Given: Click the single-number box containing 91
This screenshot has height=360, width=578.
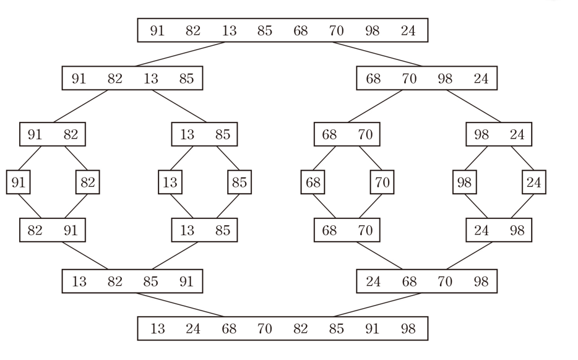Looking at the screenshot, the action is point(18,182).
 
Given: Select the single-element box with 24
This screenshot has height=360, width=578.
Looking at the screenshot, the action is point(534,182).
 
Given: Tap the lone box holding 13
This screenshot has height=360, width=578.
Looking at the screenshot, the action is point(170,182).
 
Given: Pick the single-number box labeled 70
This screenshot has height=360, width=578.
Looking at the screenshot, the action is point(382,182).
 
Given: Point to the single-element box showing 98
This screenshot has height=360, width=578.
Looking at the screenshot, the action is point(464,182).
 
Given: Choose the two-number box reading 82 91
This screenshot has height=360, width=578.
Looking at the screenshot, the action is point(53,231).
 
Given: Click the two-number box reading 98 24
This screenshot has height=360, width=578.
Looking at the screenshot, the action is point(499,134).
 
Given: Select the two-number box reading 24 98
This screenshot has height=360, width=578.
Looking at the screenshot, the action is point(499,231).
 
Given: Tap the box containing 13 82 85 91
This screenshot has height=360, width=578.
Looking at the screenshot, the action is point(132,282).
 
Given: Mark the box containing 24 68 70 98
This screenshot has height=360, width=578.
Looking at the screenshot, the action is point(427,282).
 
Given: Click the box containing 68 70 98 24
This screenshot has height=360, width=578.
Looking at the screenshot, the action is point(427,79).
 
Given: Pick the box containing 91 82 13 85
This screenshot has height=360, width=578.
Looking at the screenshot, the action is point(132,79).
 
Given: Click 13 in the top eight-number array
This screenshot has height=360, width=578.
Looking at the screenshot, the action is point(229,30).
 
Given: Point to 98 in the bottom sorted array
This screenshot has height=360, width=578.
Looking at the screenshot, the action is point(408,328).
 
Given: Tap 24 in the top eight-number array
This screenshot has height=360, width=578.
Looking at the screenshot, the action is point(408,30).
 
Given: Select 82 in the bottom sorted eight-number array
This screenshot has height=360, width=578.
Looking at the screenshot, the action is point(300,328).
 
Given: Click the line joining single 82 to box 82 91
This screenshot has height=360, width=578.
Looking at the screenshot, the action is point(75,206).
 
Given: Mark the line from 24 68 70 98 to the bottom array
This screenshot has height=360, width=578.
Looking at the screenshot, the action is point(377,304).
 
